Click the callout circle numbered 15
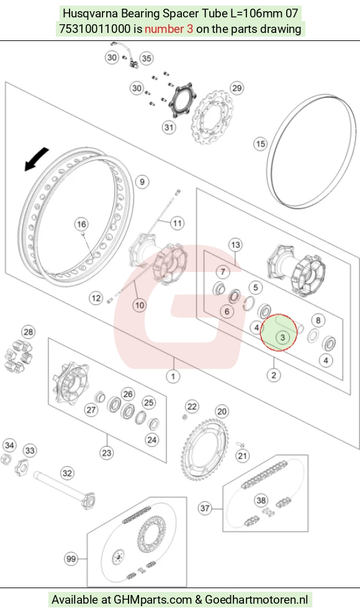coord(260,144)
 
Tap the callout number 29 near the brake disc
coord(237,88)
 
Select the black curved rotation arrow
coord(37,159)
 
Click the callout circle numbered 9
coord(142,182)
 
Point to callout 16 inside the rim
coord(81,224)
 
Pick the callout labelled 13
coord(235,245)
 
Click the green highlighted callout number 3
coord(282,337)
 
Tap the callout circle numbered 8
coord(318,320)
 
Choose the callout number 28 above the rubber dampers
coord(28,332)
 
